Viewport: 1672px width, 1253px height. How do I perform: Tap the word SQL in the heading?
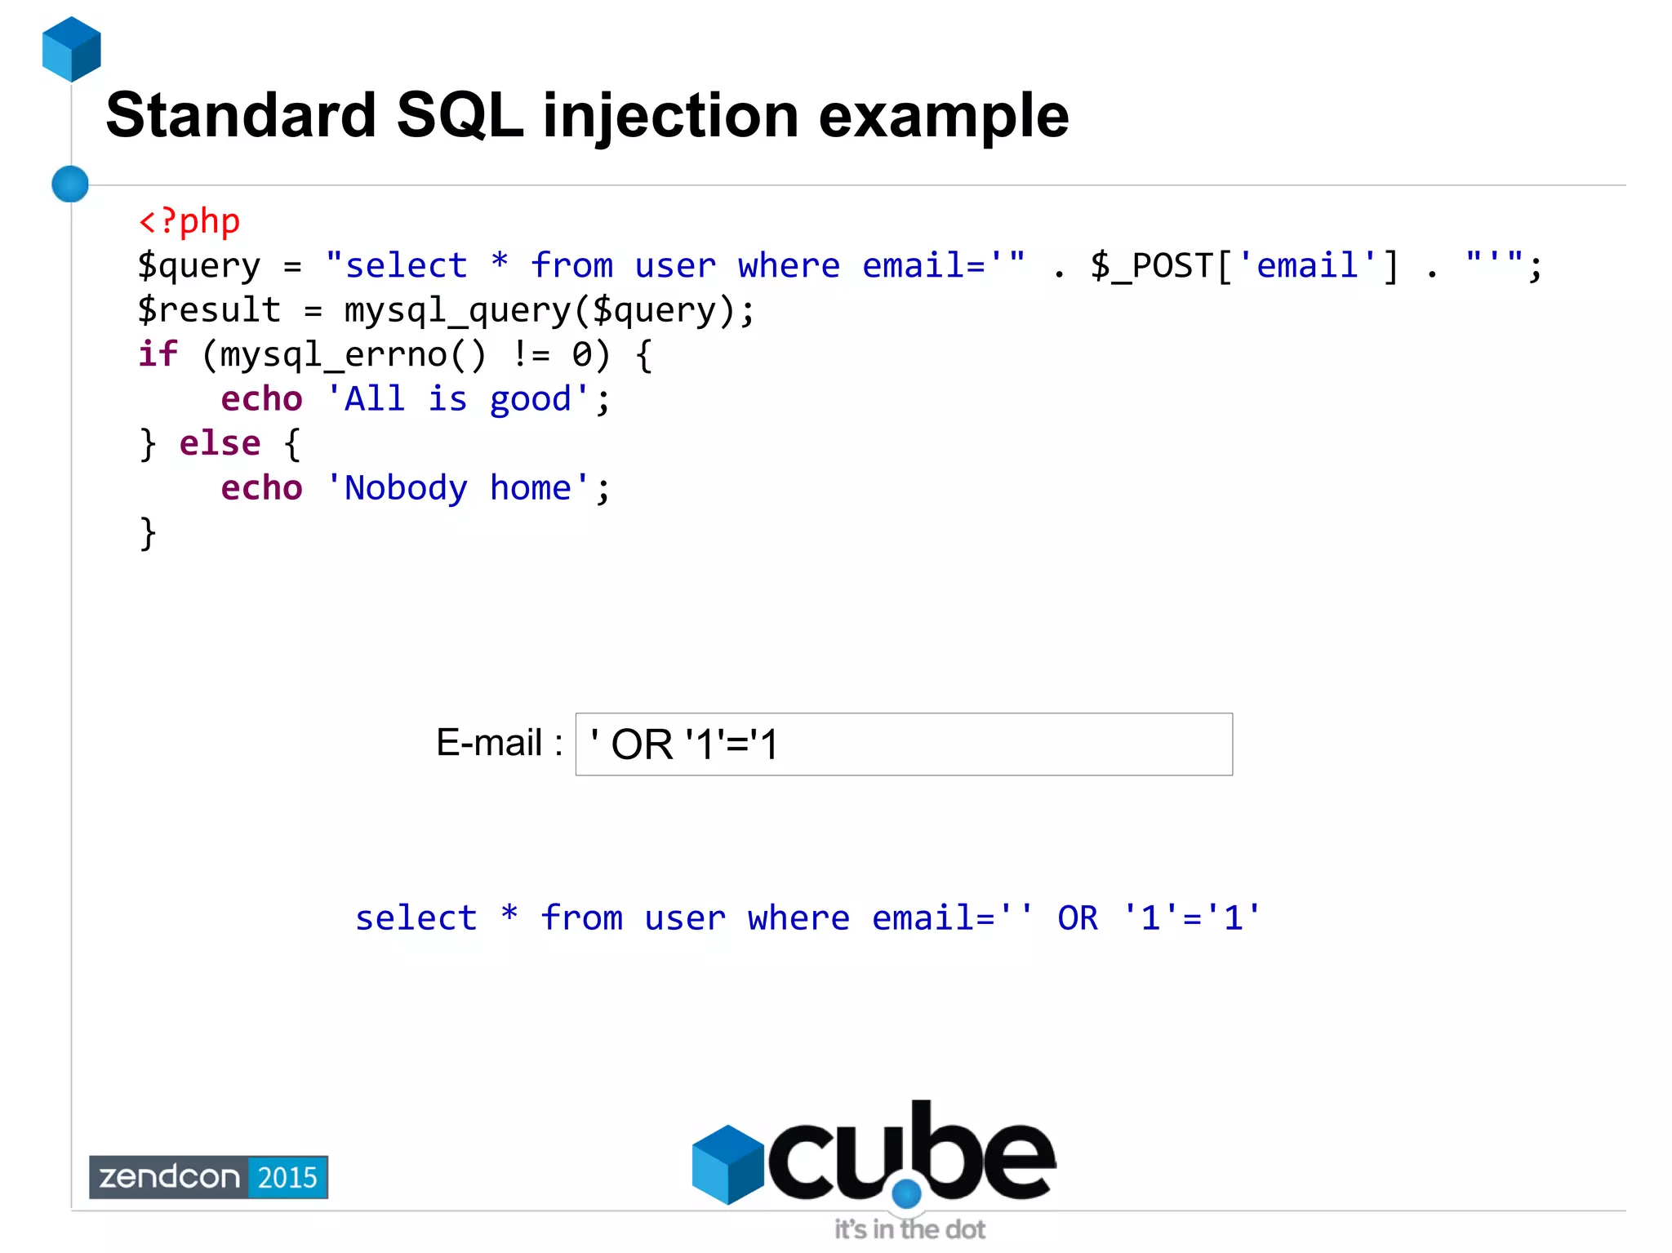click(x=460, y=116)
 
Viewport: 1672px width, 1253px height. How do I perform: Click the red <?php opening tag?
click(x=189, y=221)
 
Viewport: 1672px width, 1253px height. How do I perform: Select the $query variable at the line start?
click(x=198, y=266)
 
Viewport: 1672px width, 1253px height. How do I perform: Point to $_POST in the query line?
click(x=1152, y=266)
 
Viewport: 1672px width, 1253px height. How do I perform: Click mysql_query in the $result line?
click(x=457, y=311)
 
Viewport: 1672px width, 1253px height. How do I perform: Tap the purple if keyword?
click(x=158, y=354)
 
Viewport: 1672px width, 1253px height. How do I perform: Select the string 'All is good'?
click(x=457, y=399)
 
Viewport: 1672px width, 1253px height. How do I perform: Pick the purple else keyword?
click(x=220, y=443)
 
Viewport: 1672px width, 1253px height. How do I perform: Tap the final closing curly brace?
click(x=148, y=533)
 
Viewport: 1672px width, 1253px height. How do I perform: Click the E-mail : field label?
click(x=499, y=743)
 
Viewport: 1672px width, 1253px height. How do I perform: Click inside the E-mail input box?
click(x=980, y=744)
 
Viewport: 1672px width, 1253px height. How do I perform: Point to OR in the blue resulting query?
click(x=1078, y=918)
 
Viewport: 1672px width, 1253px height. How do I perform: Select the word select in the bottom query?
click(x=416, y=918)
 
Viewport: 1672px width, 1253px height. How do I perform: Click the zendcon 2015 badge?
click(x=208, y=1177)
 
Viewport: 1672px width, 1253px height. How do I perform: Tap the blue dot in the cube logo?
click(x=906, y=1194)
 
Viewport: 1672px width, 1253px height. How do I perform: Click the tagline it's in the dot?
click(x=909, y=1229)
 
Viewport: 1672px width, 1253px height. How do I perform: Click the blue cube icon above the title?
click(x=72, y=49)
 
